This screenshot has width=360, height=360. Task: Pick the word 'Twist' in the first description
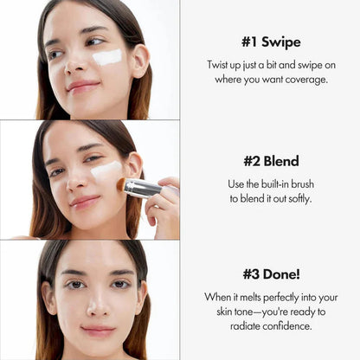click(221, 66)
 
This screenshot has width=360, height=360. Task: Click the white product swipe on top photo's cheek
click(107, 58)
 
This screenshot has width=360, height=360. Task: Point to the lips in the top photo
click(83, 87)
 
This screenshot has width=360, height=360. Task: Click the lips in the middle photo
click(87, 201)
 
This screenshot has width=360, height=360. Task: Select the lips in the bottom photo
click(97, 331)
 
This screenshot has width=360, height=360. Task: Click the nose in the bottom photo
click(97, 305)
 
